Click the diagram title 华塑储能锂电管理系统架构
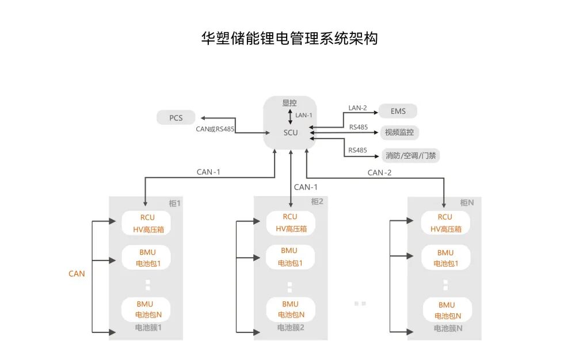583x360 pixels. click(x=289, y=39)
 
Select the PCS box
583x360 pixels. click(x=176, y=118)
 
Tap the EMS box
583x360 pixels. click(x=398, y=111)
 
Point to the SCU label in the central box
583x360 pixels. click(x=291, y=133)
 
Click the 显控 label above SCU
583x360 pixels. click(x=289, y=104)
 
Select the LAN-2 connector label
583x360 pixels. click(x=357, y=108)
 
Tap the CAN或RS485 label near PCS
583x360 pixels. click(x=215, y=129)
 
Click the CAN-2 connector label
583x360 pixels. click(x=379, y=173)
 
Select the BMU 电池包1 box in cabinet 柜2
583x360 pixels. click(x=289, y=257)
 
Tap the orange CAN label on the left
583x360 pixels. click(x=77, y=274)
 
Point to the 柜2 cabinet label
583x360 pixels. click(x=317, y=201)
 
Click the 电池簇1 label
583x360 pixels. click(x=148, y=328)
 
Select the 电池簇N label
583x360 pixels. click(x=448, y=328)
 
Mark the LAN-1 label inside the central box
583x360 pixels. click(x=303, y=116)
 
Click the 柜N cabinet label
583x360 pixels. click(x=467, y=202)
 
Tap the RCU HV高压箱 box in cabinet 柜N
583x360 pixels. click(x=445, y=223)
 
